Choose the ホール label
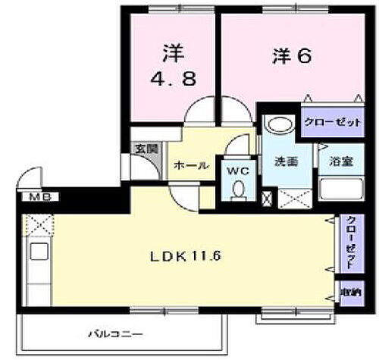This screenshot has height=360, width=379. pyautogui.click(x=191, y=165)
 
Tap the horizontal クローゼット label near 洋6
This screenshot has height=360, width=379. pyautogui.click(x=321, y=121)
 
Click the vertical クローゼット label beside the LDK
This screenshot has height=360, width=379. pyautogui.click(x=350, y=242)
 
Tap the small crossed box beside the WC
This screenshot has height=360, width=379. pyautogui.click(x=265, y=199)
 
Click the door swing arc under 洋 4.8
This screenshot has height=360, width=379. pyautogui.click(x=199, y=112)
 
